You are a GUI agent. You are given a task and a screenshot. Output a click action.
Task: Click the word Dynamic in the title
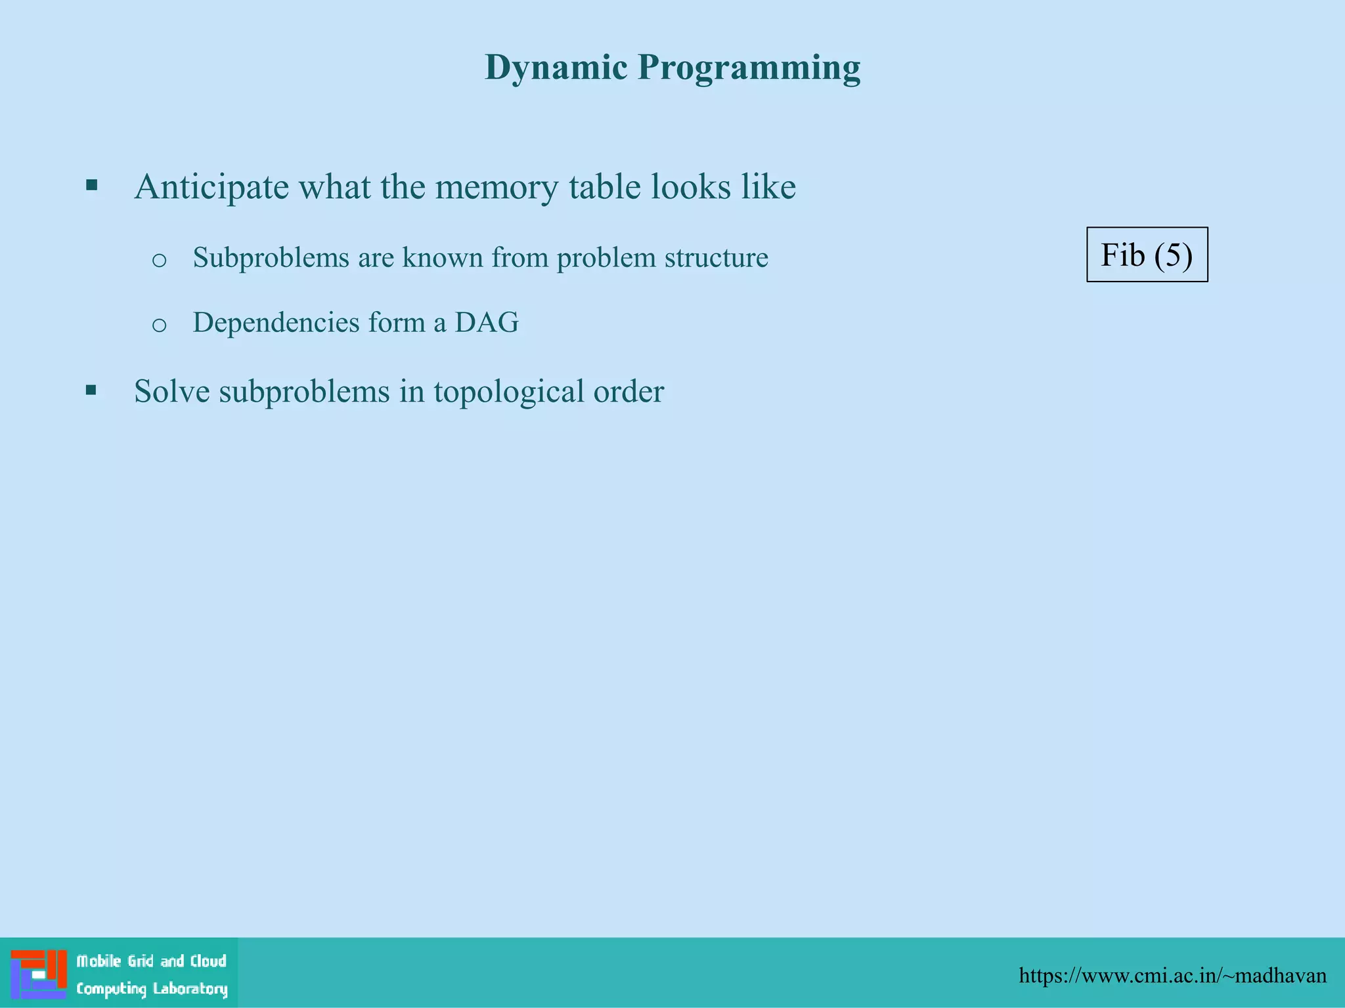coord(556,68)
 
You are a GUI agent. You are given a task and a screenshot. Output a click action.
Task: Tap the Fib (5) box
coord(1147,255)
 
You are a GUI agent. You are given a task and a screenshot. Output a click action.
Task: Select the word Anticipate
coord(211,188)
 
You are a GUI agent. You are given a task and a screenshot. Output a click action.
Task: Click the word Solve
coord(171,391)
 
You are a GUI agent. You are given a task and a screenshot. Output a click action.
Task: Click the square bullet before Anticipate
coord(92,186)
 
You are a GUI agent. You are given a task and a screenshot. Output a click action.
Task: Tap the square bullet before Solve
coord(91,391)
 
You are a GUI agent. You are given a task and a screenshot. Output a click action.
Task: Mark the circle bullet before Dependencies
coord(159,325)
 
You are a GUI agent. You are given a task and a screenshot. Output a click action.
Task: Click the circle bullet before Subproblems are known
coord(159,261)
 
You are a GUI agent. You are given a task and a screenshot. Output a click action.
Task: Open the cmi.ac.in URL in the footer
coord(1172,976)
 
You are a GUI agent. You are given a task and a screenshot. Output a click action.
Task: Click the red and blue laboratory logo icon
coord(39,973)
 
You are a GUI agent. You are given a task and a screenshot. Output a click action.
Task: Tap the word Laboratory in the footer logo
coord(190,989)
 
